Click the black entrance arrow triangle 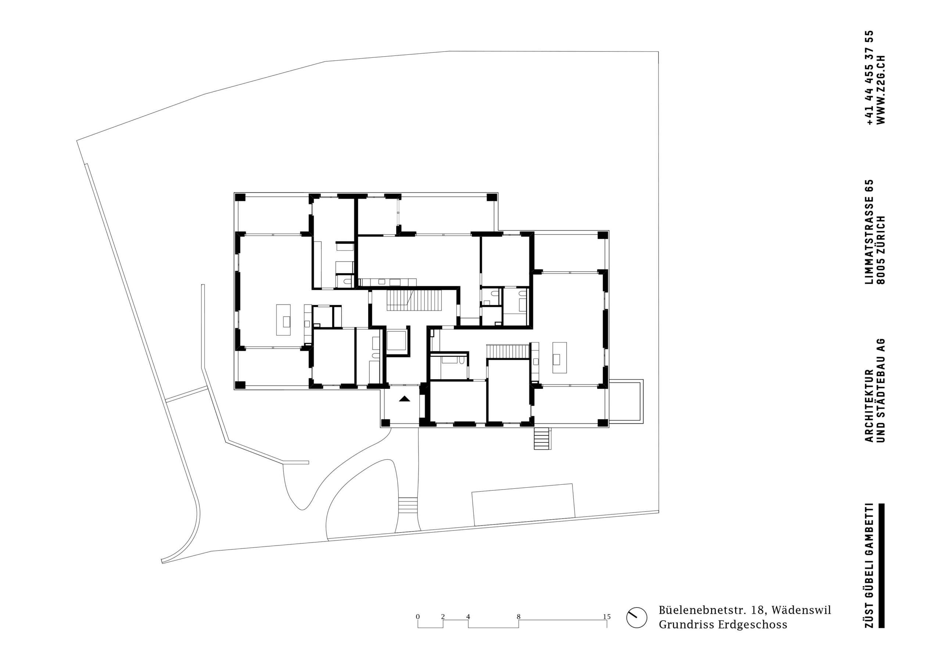pos(404,399)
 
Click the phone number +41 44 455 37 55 pos(867,78)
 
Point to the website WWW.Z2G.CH pos(881,89)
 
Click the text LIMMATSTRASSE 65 pos(867,232)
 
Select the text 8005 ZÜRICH pos(881,249)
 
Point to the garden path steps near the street pos(408,505)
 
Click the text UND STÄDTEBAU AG pos(881,390)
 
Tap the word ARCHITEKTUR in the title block pos(867,406)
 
